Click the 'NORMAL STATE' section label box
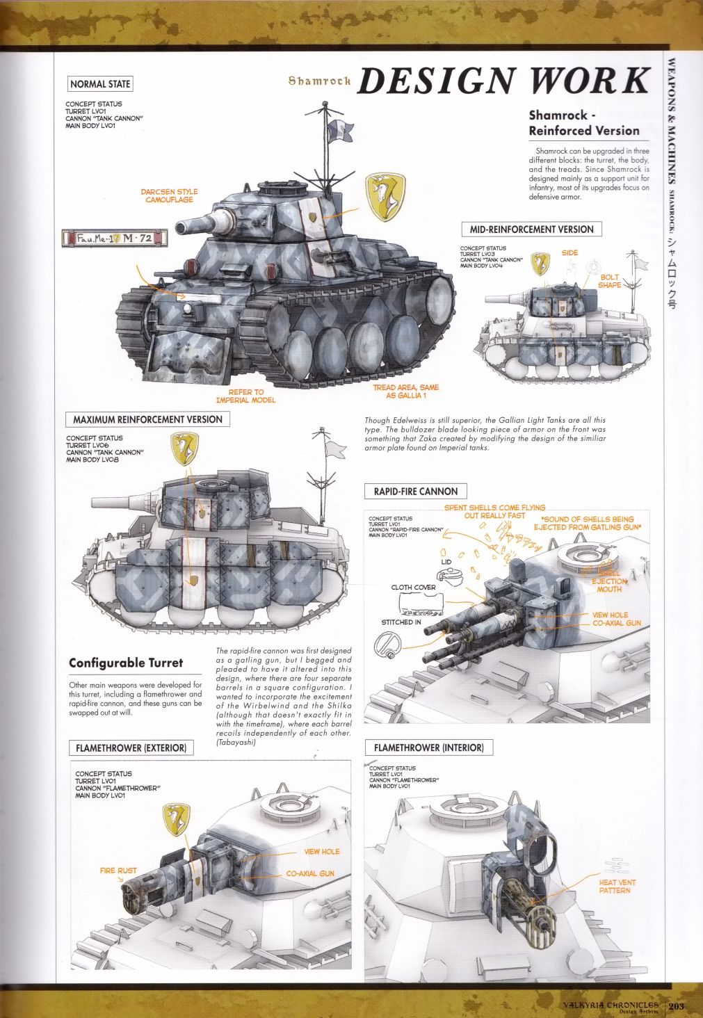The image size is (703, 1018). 100,84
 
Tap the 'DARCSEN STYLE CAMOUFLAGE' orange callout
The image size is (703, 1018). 169,195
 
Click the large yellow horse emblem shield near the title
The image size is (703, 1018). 385,197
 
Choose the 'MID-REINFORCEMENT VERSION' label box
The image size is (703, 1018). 531,229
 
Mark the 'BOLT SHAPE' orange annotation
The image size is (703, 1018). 609,281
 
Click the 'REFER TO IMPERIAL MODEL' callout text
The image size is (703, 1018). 245,396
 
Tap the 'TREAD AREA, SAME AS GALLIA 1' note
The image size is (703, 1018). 405,391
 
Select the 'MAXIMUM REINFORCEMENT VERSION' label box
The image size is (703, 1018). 147,419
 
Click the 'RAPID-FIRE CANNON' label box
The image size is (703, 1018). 415,492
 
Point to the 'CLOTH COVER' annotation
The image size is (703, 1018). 413,588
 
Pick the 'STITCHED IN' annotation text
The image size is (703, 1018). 401,622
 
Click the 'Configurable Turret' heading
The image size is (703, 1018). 126,663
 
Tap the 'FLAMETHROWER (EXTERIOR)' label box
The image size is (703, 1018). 131,748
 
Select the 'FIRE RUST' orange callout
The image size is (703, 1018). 118,871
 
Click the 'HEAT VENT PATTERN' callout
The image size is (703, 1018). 617,886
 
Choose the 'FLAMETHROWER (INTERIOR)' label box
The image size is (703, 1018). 428,748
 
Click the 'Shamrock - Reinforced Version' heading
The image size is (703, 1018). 583,122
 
